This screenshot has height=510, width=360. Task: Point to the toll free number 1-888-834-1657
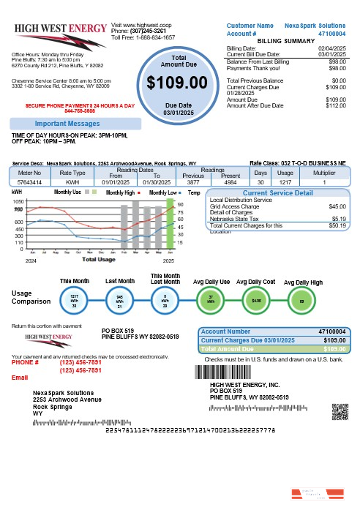tap(153, 37)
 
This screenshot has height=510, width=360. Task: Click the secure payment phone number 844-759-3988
tap(80, 111)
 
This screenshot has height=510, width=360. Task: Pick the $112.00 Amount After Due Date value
tap(335, 105)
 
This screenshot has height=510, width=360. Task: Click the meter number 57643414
tap(30, 181)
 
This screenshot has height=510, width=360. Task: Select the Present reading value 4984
tap(230, 181)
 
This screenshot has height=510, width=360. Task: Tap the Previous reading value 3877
tap(194, 181)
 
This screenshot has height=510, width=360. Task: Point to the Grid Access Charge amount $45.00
tap(334, 206)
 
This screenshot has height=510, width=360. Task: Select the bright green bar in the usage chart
tap(169, 217)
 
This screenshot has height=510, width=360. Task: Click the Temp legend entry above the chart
tap(194, 192)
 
